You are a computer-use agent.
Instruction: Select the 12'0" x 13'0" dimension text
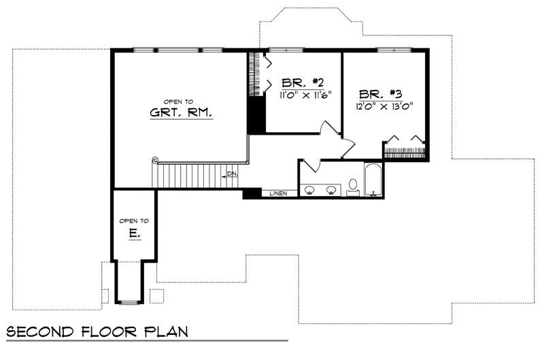coord(384,105)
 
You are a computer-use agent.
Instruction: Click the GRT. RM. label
coord(181,113)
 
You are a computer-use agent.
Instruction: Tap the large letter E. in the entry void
coord(134,233)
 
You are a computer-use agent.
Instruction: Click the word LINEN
coord(278,193)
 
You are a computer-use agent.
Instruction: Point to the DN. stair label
coord(233,174)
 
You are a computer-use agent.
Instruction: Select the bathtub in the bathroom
coord(373,180)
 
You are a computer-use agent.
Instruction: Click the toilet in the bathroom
coord(353,185)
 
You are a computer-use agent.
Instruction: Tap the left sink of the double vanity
coord(309,190)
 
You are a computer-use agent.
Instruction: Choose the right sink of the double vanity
coord(333,190)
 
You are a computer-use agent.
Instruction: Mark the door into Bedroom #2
coord(330,128)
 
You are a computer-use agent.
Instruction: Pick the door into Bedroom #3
coord(347,146)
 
